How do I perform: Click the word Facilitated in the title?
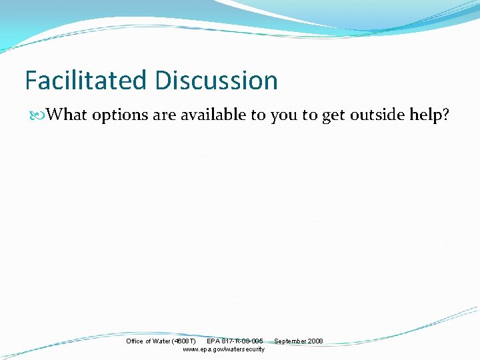coord(87,81)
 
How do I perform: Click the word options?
coord(120,115)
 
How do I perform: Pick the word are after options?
coord(164,115)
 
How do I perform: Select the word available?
coord(213,115)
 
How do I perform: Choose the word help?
coord(425,115)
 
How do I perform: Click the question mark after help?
coord(445,115)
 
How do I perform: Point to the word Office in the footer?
coord(135,341)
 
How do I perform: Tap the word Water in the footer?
coord(161,341)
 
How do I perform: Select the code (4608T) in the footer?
coord(184,341)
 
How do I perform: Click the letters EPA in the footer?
coord(214,341)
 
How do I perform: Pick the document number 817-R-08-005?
coord(243,341)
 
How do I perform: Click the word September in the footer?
coord(290,341)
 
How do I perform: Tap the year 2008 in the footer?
coord(315,341)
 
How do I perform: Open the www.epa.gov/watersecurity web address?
coord(223,349)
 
